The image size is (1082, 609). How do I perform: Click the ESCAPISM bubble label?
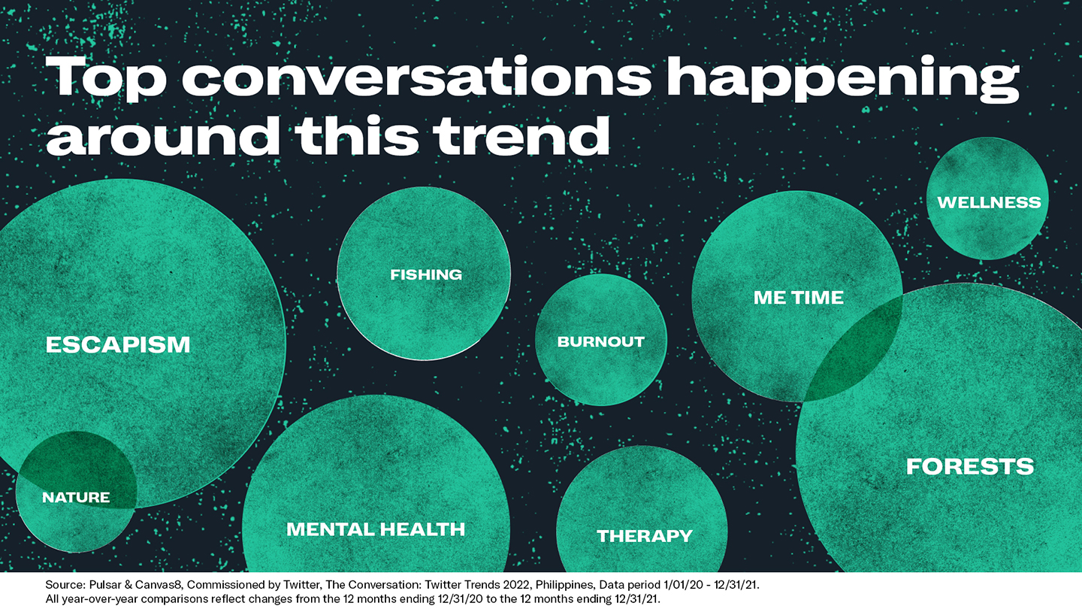[x=118, y=345]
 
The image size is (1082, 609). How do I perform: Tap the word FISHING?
[x=426, y=274]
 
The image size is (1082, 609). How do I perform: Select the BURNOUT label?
[x=601, y=341]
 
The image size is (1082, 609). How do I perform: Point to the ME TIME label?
[x=799, y=297]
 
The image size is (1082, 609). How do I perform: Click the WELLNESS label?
[x=990, y=202]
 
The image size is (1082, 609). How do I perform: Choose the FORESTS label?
[x=970, y=466]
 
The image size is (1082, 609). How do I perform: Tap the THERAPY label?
[x=645, y=535]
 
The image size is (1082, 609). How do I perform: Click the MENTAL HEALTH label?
[x=376, y=529]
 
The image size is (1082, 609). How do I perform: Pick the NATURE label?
[x=76, y=498]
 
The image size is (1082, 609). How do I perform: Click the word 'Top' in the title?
[x=106, y=79]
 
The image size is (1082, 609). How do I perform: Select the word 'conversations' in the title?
[x=417, y=77]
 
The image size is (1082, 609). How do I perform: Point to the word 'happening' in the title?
[x=843, y=79]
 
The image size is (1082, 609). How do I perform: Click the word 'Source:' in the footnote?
[x=65, y=585]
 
